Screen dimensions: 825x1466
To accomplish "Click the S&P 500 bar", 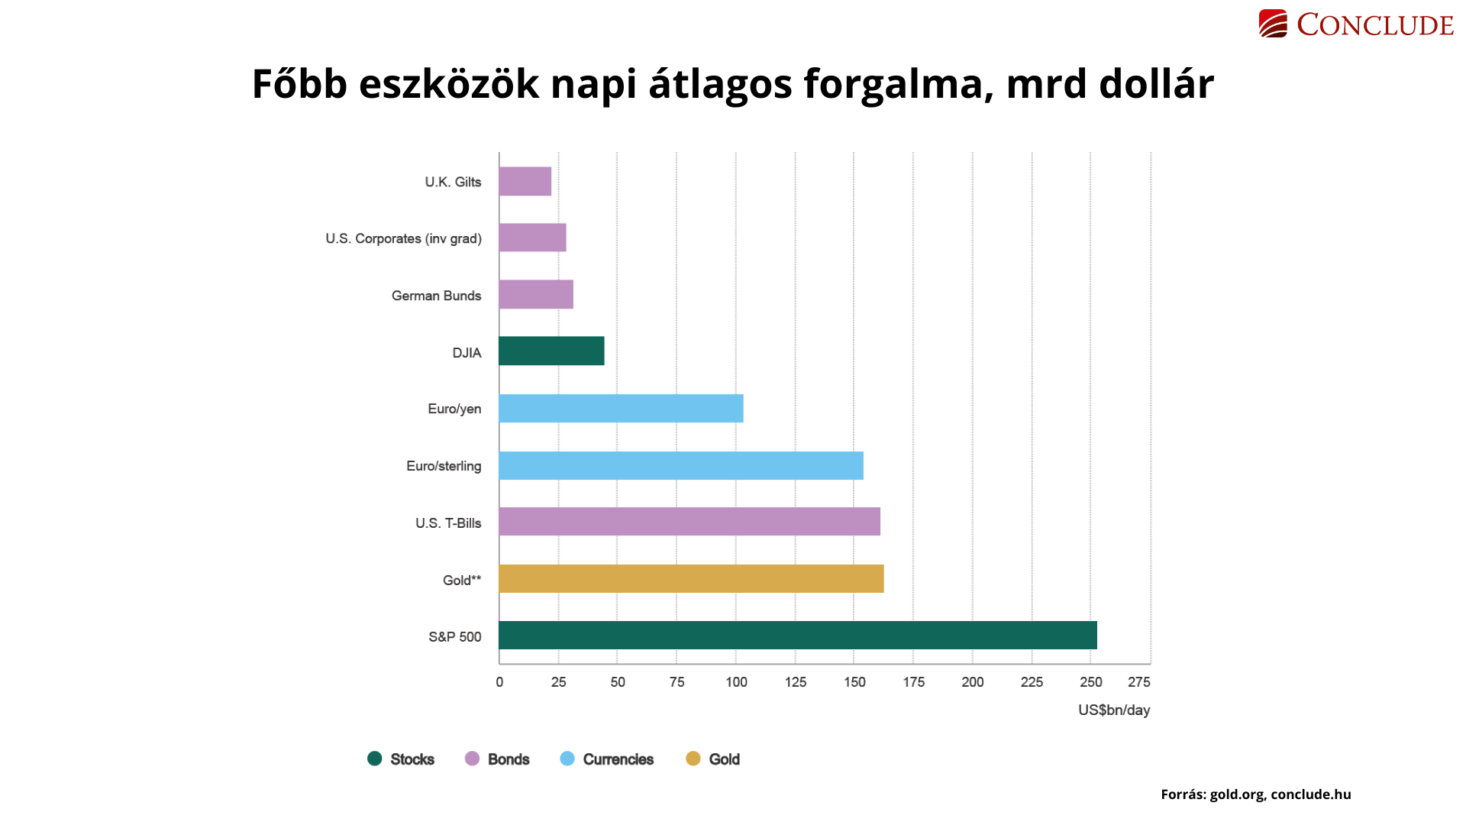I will tap(797, 636).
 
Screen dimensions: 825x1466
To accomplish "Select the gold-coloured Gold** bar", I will tap(691, 579).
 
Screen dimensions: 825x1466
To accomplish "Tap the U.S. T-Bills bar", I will tap(689, 522).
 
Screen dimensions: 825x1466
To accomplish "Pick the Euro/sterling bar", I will tap(680, 465).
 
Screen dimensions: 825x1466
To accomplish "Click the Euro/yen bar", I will tap(621, 409).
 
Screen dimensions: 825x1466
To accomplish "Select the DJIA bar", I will tap(551, 351).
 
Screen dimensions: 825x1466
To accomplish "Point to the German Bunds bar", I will tap(535, 295).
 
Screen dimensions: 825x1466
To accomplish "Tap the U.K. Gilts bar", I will tap(525, 182).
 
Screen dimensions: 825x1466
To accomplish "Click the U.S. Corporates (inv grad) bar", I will tap(532, 238).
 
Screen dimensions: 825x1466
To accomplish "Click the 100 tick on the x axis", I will tap(736, 682).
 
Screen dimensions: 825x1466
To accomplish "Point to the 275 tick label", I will tap(1138, 682).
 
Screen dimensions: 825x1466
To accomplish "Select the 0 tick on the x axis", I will tap(499, 682).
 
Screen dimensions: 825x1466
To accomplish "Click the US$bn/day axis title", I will tap(1113, 710).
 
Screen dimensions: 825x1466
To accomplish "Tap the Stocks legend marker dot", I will tap(374, 759).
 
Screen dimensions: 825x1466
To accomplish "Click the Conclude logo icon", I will tap(1273, 24).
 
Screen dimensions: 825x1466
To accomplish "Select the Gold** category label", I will tap(462, 581).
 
